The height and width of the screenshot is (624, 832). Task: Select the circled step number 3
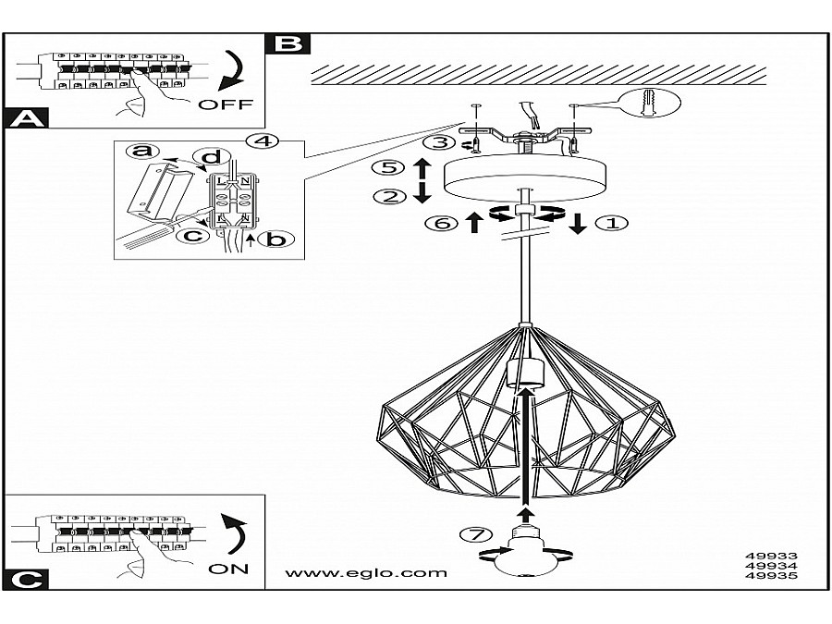click(x=442, y=142)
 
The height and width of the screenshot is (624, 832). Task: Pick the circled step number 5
click(x=389, y=168)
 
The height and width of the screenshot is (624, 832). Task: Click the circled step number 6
click(x=441, y=223)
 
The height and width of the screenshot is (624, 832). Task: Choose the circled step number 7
click(x=473, y=534)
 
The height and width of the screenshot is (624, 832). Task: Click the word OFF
click(x=225, y=104)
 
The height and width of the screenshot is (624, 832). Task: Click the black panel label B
click(x=288, y=43)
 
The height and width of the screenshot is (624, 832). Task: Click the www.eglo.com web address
click(x=366, y=572)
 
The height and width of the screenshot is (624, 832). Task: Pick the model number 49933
click(x=770, y=557)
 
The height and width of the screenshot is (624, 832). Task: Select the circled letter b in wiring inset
click(x=272, y=239)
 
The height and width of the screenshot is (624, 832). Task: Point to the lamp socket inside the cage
click(x=523, y=373)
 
